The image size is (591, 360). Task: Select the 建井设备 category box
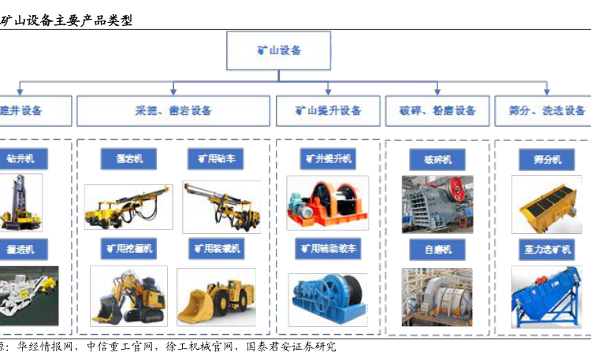point(32,111)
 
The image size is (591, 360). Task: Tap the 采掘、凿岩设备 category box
point(173,111)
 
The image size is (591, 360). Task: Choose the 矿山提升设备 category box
point(328,111)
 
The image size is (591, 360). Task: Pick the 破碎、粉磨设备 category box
point(437,111)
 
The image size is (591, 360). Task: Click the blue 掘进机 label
point(21,250)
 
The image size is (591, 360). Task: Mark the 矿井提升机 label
point(327,158)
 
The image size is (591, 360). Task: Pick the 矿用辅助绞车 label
point(327,249)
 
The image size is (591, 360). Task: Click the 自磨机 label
point(437,250)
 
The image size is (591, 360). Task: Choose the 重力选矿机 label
point(545,250)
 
